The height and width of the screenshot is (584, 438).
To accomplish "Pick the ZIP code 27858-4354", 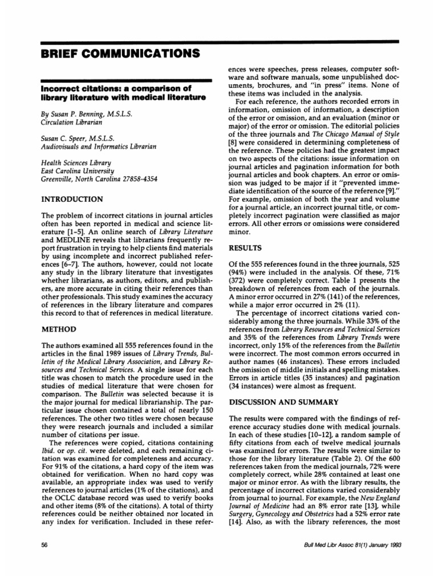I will [x=136, y=179].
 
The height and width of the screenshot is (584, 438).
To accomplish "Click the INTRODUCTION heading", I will [x=71, y=199].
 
